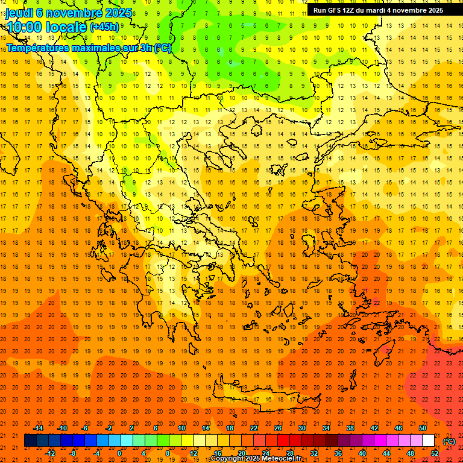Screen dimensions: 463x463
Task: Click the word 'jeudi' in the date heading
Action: [19, 13]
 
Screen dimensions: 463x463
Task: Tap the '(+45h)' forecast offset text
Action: [104, 27]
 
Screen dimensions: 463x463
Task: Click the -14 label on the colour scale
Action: [39, 428]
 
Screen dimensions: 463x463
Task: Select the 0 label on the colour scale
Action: [119, 453]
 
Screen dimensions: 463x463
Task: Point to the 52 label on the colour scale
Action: [435, 453]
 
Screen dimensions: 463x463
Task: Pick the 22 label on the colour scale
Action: [254, 428]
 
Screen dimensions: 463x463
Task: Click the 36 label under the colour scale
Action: [338, 453]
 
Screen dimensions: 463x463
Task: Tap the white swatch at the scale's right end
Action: [428, 441]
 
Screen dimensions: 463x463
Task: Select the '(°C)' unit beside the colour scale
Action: [449, 441]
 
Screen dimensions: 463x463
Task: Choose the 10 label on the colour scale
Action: [181, 428]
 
